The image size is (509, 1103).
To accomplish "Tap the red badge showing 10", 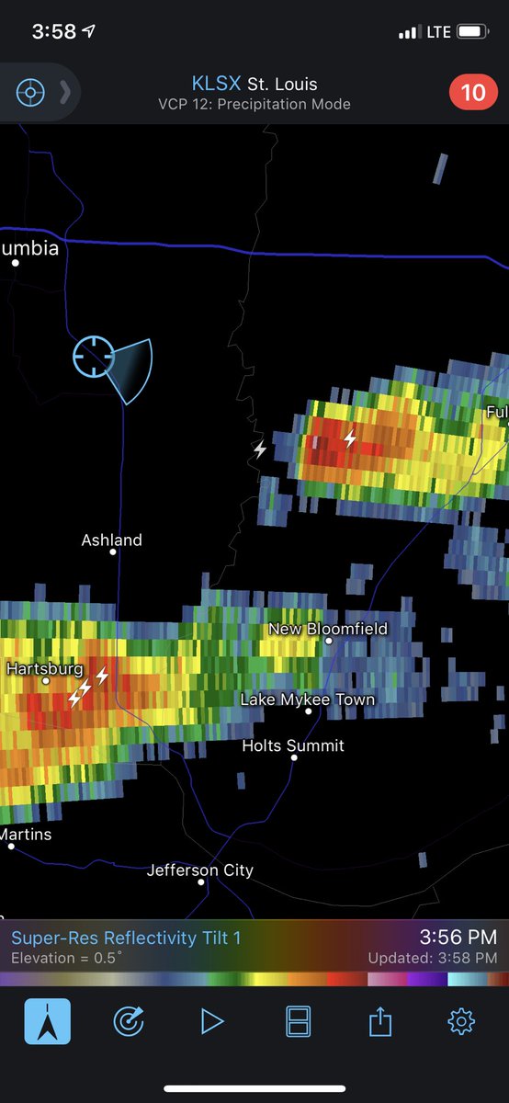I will (473, 93).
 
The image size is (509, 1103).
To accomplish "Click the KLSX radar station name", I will (216, 85).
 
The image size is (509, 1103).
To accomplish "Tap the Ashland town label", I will (111, 540).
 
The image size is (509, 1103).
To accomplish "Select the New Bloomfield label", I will (328, 629).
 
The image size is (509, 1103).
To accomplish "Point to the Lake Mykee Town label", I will (308, 699).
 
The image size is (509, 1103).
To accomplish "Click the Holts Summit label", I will (293, 745).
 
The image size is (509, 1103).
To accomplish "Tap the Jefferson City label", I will (200, 870).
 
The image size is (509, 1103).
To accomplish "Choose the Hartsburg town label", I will (45, 669).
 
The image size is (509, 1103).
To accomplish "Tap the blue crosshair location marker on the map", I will (94, 356).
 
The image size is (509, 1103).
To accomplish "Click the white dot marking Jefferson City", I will (201, 882).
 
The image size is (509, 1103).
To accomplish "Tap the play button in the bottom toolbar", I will (212, 1021).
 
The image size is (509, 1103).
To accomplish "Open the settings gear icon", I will (460, 1021).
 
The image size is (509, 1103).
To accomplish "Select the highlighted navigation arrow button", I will (47, 1021).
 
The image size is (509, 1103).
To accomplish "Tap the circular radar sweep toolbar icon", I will (129, 1021).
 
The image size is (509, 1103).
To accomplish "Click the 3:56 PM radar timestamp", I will (458, 937).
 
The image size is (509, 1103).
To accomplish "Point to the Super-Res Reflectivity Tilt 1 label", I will (126, 938).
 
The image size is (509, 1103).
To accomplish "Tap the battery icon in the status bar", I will (472, 32).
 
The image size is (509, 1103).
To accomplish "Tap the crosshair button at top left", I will (30, 93).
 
